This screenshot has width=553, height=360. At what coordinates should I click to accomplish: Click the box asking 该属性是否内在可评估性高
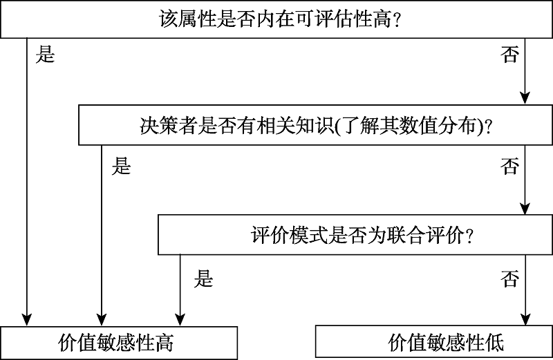276,19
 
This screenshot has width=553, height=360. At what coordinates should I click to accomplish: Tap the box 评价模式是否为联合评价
355,235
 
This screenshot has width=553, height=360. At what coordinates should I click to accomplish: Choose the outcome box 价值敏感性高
119,342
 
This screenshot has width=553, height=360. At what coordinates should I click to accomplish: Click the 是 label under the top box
46,56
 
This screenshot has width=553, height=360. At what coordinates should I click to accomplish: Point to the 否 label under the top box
509,56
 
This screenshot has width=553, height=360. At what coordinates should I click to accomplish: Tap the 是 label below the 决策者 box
122,167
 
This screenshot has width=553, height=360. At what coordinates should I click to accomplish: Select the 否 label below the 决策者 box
509,167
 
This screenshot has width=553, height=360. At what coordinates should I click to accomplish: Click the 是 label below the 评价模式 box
203,279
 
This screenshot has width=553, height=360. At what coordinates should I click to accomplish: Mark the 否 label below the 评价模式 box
509,279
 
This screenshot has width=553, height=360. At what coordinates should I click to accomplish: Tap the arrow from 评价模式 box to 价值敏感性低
525,290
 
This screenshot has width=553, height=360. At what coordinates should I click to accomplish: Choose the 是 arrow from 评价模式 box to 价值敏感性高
180,290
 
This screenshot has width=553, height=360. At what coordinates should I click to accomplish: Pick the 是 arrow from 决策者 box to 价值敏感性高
102,235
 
